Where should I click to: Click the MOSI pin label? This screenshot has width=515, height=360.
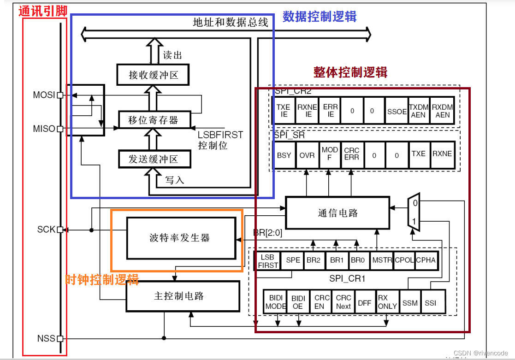[x=44, y=95]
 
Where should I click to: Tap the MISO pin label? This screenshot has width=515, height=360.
[x=44, y=129]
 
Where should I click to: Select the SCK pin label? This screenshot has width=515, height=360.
[x=46, y=229]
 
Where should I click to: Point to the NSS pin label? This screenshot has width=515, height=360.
[x=46, y=339]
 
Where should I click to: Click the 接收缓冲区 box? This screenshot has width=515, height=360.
[x=153, y=75]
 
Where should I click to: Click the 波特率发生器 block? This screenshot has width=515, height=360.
[x=180, y=238]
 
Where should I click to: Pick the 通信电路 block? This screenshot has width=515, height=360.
[x=337, y=212]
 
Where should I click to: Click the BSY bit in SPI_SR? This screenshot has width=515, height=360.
[x=284, y=155]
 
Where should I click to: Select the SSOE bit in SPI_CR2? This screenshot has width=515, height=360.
[x=397, y=111]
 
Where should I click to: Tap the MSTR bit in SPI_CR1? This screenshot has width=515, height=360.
[x=382, y=260]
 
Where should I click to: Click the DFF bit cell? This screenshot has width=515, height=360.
[x=364, y=302]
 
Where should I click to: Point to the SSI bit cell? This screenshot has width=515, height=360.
[x=430, y=302]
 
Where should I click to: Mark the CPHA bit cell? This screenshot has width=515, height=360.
[x=426, y=260]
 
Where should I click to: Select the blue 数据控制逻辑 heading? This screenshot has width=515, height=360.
[x=320, y=17]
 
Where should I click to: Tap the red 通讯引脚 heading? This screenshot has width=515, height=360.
[x=43, y=11]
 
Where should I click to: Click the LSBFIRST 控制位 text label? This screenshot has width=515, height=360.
[x=220, y=141]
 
